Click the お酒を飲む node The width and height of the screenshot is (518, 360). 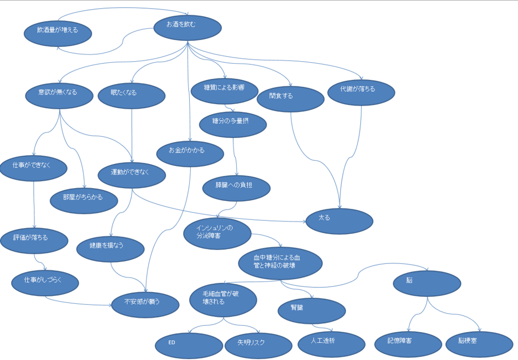coord(188,28)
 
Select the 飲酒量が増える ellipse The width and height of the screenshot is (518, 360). coord(58,34)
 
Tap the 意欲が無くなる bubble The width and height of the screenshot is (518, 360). coord(60,96)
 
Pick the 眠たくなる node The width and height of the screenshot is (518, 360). coord(132,96)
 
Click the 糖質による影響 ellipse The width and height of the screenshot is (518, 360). coord(225,91)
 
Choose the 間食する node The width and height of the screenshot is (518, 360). coord(290,99)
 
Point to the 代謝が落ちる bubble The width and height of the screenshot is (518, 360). coord(361,93)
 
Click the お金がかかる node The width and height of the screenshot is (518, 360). coord(190,154)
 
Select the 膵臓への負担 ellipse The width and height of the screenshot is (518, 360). coord(237,188)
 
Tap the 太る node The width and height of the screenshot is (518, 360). coord(339,221)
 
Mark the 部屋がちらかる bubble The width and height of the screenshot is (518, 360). coord(84,201)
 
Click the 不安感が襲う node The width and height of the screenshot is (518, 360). coord(145,305)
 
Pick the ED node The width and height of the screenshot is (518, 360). coord(189,346)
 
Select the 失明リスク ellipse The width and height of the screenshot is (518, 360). coord(258,346)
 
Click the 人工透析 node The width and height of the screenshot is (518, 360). coord(332,344)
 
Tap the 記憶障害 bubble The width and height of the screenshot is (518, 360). coord(408,344)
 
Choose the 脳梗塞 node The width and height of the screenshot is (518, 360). coord(480,344)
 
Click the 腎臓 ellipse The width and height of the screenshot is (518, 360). coord(312,311)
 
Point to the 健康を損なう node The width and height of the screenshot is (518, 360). coord(111,249)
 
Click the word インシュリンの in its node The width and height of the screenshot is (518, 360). coord(214,228)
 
